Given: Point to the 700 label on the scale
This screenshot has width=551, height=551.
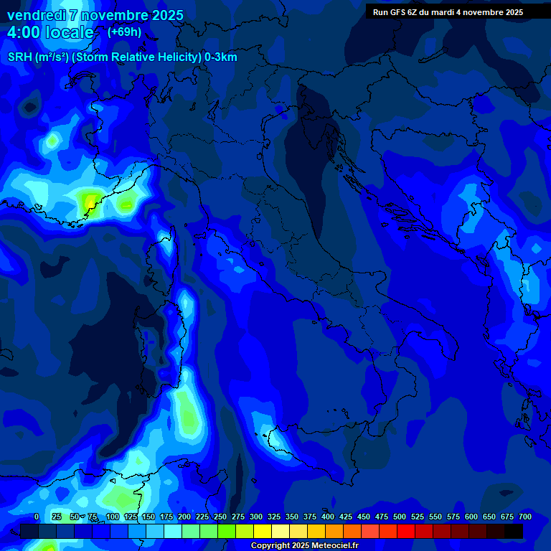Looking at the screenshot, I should (x=524, y=517).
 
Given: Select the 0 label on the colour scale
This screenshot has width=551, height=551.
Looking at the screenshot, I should (x=37, y=517).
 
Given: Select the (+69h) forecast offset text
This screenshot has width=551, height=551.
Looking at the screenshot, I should (x=124, y=32).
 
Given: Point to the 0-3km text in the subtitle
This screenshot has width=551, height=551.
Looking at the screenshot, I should (x=220, y=57).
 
